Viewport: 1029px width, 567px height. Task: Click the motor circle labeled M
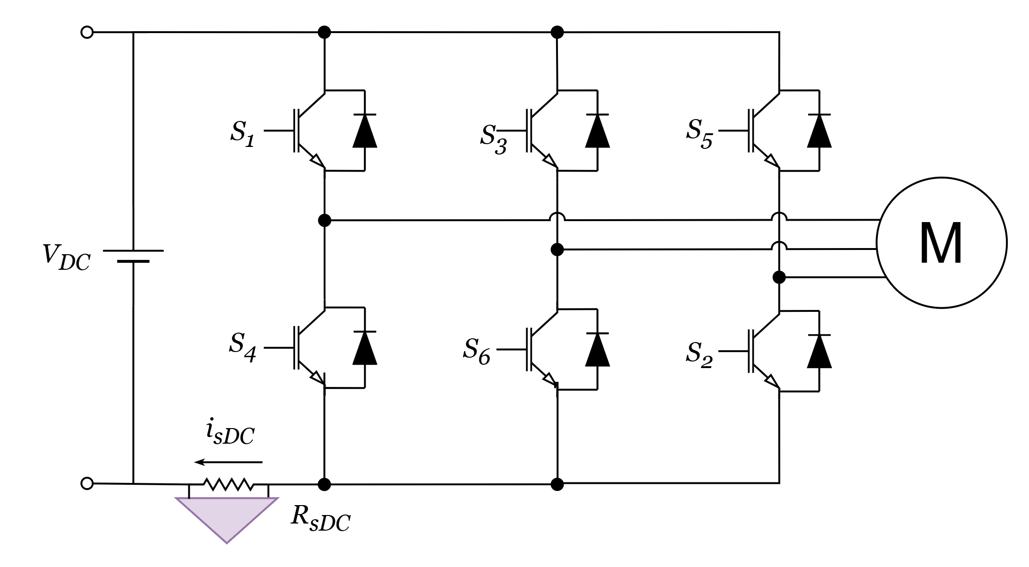(941, 242)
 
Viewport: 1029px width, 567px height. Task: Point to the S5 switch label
(699, 134)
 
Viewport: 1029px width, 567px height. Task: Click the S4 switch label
(243, 347)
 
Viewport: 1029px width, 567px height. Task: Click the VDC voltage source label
(66, 257)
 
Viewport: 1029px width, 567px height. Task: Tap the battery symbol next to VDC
(133, 256)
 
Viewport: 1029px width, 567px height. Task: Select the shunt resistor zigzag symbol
(228, 484)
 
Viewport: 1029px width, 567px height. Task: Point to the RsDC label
(321, 519)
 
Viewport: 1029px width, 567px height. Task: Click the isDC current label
(230, 432)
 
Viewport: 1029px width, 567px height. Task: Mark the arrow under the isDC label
(228, 462)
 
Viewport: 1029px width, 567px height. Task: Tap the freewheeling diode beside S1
(365, 130)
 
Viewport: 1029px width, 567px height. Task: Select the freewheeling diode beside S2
(819, 351)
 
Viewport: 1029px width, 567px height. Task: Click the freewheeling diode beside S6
(597, 349)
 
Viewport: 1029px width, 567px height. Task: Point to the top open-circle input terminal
(87, 33)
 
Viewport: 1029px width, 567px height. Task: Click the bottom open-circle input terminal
(87, 483)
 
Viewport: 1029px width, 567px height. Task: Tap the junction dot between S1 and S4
(324, 220)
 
